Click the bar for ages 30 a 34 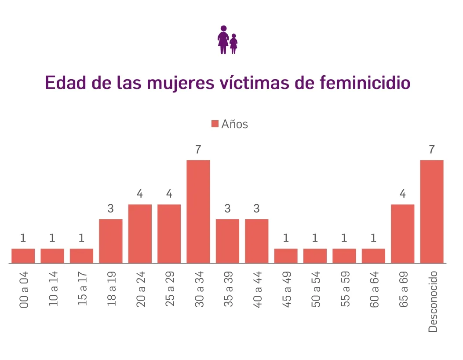point(198,212)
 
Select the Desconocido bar point(432,212)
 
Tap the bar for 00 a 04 point(23,256)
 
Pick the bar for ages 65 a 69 point(402,234)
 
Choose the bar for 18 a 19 point(111,241)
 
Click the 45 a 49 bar point(286,256)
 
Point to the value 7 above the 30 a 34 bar point(198,150)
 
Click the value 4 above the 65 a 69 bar point(402,194)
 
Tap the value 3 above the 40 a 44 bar point(257,209)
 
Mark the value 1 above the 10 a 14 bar point(52,238)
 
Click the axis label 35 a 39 point(228,289)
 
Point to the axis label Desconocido point(433,301)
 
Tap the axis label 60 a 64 point(374,289)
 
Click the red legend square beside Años point(215,124)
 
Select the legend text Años point(235,124)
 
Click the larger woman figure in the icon point(223,40)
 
